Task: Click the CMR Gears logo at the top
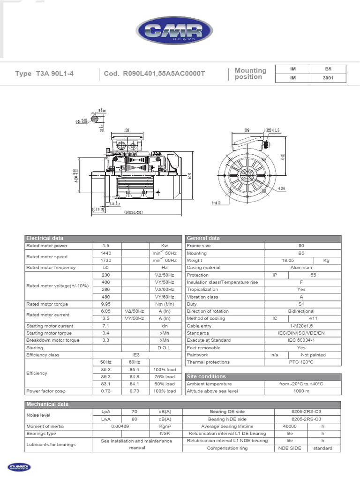coord(174,31)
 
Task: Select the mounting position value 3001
coord(328,78)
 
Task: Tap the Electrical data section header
coord(45,238)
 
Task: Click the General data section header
coord(203,238)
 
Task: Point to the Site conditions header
coord(206,376)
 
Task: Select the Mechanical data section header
coord(47,404)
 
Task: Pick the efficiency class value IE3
coord(135,355)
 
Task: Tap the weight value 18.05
coord(288,260)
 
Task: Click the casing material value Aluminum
coord(301,268)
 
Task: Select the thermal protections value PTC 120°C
coord(301,362)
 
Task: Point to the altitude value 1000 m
coord(301,391)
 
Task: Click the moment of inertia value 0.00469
coord(120,426)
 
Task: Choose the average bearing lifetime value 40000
coord(290,426)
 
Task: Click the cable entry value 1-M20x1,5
coord(301,326)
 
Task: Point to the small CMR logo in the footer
coord(19,467)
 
